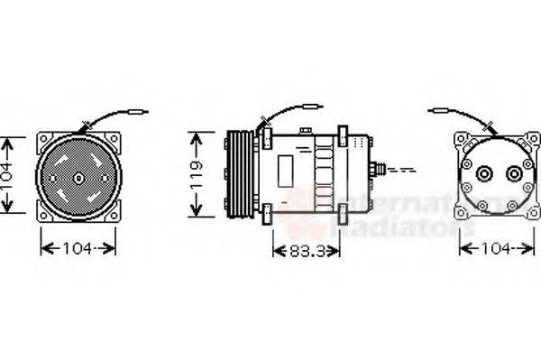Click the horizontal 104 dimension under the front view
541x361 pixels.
[78, 247]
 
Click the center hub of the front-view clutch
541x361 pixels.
[78, 179]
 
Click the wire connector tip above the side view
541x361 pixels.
[313, 107]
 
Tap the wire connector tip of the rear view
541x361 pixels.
[438, 111]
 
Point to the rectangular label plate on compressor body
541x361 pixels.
[286, 168]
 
